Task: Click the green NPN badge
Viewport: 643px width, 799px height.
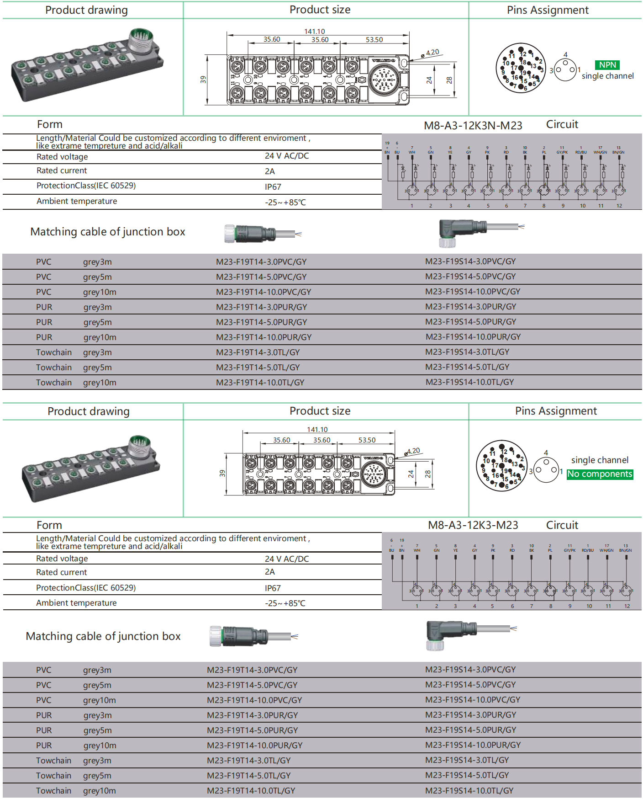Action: click(x=607, y=65)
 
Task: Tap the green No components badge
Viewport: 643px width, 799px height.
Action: click(x=600, y=474)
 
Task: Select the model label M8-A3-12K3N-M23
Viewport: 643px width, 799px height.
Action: click(x=473, y=126)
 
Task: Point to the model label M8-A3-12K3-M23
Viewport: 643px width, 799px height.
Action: click(x=473, y=525)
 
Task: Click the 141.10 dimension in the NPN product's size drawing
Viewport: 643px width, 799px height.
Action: click(x=315, y=32)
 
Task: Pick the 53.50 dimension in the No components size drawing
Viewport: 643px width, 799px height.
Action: click(x=367, y=440)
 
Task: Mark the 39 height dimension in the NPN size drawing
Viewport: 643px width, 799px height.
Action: click(x=203, y=80)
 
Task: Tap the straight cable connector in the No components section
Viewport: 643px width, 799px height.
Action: click(x=242, y=636)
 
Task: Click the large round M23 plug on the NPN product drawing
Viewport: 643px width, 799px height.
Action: click(x=141, y=40)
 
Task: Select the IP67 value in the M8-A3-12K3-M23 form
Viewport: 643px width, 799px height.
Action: click(x=273, y=588)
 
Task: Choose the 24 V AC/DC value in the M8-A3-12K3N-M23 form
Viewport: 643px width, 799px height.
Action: click(x=287, y=156)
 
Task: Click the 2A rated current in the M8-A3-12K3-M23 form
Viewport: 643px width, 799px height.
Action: click(x=270, y=572)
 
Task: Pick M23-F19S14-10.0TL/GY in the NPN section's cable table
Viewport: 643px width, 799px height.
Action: click(x=469, y=382)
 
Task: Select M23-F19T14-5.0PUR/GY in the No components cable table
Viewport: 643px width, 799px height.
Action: click(x=252, y=730)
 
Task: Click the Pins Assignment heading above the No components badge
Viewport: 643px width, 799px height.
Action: click(x=556, y=411)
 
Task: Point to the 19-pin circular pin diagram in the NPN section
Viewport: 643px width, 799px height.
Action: click(x=521, y=68)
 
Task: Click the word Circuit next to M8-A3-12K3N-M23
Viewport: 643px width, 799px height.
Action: click(x=562, y=124)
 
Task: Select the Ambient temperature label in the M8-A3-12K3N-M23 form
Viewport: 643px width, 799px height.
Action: click(x=77, y=201)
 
